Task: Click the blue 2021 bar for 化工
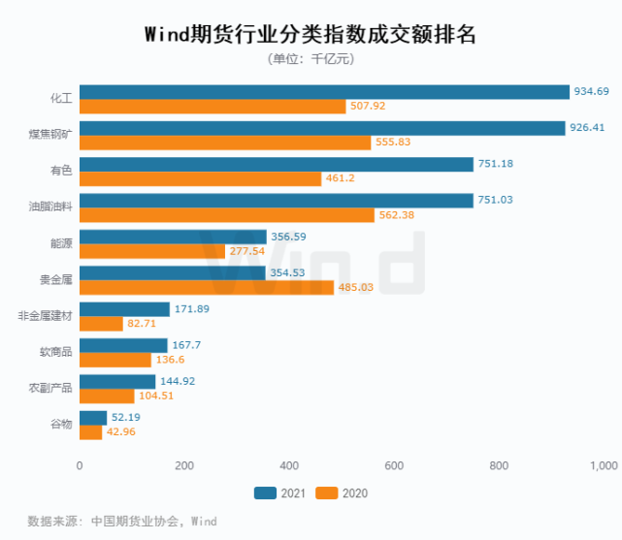pyautogui.click(x=324, y=92)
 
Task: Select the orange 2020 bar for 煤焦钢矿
pyautogui.click(x=225, y=143)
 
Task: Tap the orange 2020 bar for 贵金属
pyautogui.click(x=207, y=288)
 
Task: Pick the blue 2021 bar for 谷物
pyautogui.click(x=93, y=418)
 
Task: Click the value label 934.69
pyautogui.click(x=592, y=92)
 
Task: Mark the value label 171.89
pyautogui.click(x=190, y=309)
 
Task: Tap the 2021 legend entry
pyautogui.click(x=279, y=493)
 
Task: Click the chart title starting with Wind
pyautogui.click(x=311, y=36)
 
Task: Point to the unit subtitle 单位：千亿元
pyautogui.click(x=311, y=60)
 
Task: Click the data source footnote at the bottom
pyautogui.click(x=122, y=522)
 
